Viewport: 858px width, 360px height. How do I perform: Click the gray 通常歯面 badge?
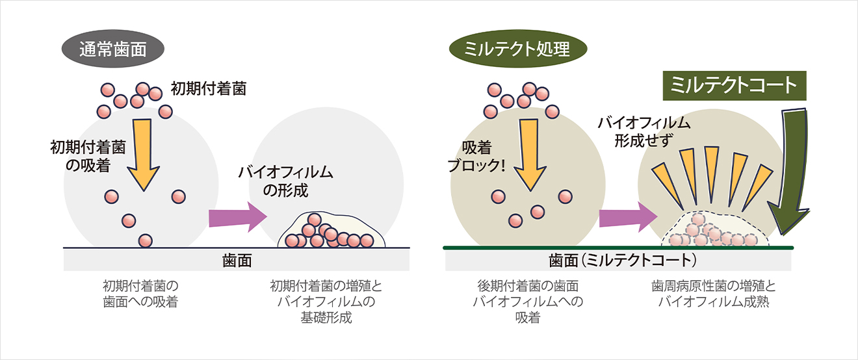112,49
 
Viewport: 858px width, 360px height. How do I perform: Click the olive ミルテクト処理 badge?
518,49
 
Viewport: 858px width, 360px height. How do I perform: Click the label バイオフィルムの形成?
285,182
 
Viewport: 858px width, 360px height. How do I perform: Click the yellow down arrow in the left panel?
142,153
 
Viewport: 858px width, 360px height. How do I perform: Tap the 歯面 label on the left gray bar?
237,261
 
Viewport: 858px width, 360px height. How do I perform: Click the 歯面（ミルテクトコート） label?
623,261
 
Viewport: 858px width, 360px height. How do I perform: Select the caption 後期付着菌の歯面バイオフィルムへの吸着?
528,302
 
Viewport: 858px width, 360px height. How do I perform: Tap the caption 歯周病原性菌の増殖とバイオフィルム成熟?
714,294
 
